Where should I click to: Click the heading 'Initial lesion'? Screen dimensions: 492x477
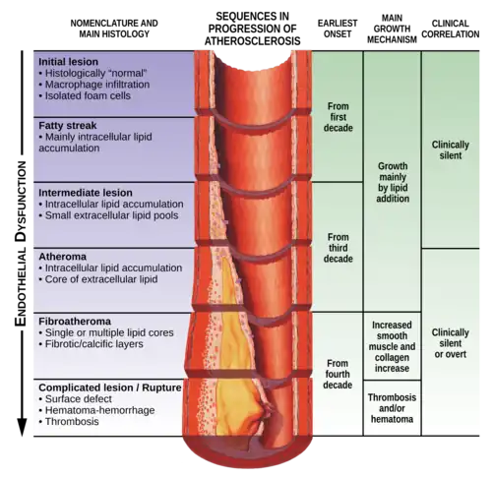(68, 62)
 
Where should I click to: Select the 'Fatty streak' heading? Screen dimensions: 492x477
(68, 125)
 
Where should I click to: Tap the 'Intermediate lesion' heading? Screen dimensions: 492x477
(86, 193)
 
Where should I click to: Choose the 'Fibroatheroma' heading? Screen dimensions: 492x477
(75, 321)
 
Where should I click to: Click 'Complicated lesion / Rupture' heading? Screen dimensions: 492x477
(110, 388)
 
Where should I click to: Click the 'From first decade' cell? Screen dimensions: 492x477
(338, 117)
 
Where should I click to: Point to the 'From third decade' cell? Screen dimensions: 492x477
(338, 248)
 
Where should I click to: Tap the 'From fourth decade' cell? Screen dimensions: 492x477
(338, 374)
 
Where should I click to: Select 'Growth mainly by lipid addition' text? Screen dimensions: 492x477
(393, 182)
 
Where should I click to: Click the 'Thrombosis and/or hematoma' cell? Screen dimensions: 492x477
(392, 408)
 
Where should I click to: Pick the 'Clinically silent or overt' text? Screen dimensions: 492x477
(450, 343)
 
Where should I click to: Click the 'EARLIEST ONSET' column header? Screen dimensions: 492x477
(338, 29)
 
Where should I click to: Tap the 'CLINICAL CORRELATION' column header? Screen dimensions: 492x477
(451, 29)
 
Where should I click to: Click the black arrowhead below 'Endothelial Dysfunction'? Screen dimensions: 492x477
(22, 427)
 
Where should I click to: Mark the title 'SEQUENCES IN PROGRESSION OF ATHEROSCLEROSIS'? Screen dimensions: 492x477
(252, 29)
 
